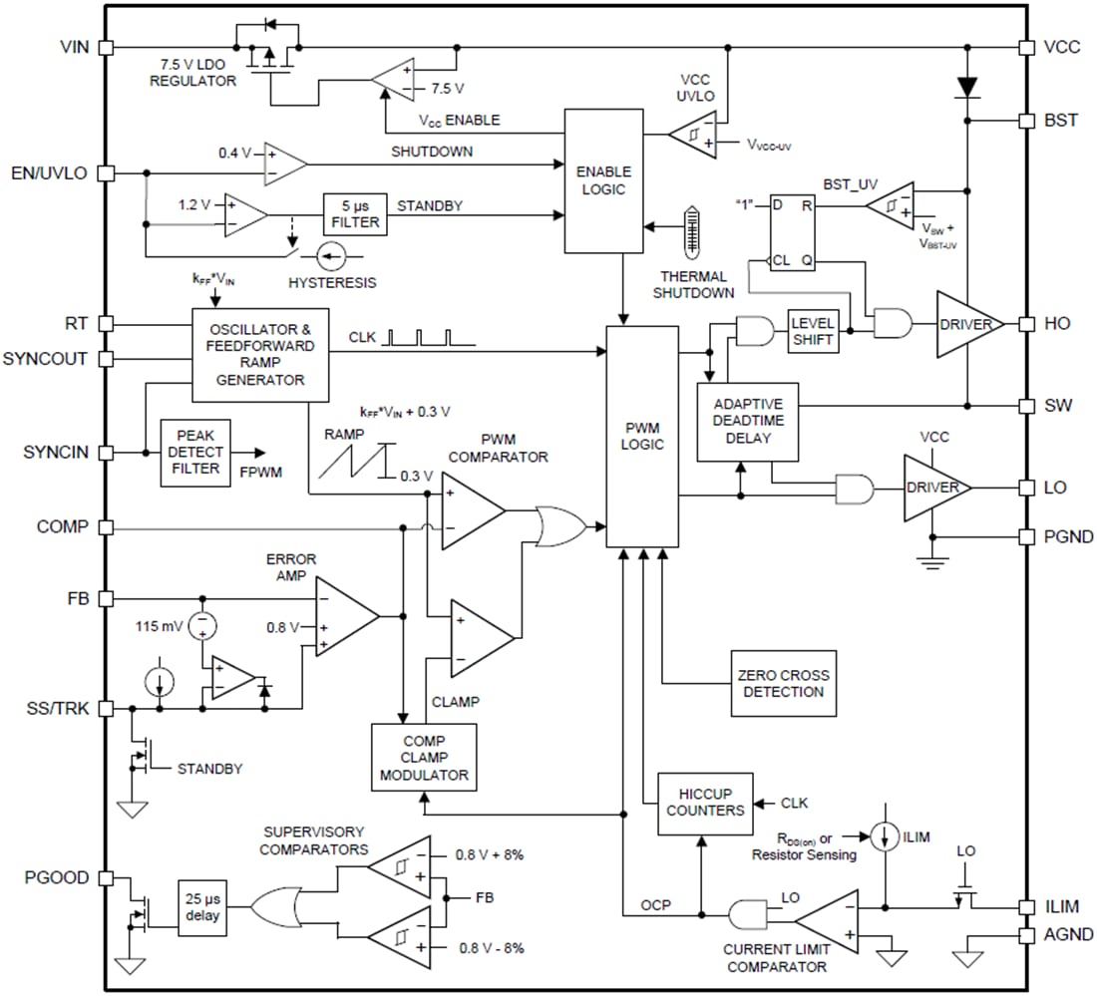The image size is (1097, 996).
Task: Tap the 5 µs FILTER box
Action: click(354, 213)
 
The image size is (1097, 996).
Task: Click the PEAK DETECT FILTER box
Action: click(196, 452)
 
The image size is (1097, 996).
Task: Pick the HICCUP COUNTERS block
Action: click(703, 802)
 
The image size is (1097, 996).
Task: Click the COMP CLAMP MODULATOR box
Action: click(424, 757)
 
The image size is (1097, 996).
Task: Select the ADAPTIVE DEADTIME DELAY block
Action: click(748, 421)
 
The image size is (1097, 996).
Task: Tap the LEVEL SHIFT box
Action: click(813, 331)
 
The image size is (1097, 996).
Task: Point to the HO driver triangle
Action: click(965, 325)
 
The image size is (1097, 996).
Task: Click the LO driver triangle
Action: click(932, 488)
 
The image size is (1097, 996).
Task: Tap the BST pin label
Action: click(1060, 120)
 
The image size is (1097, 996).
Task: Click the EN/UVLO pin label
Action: click(47, 173)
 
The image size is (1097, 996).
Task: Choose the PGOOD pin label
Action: click(56, 878)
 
